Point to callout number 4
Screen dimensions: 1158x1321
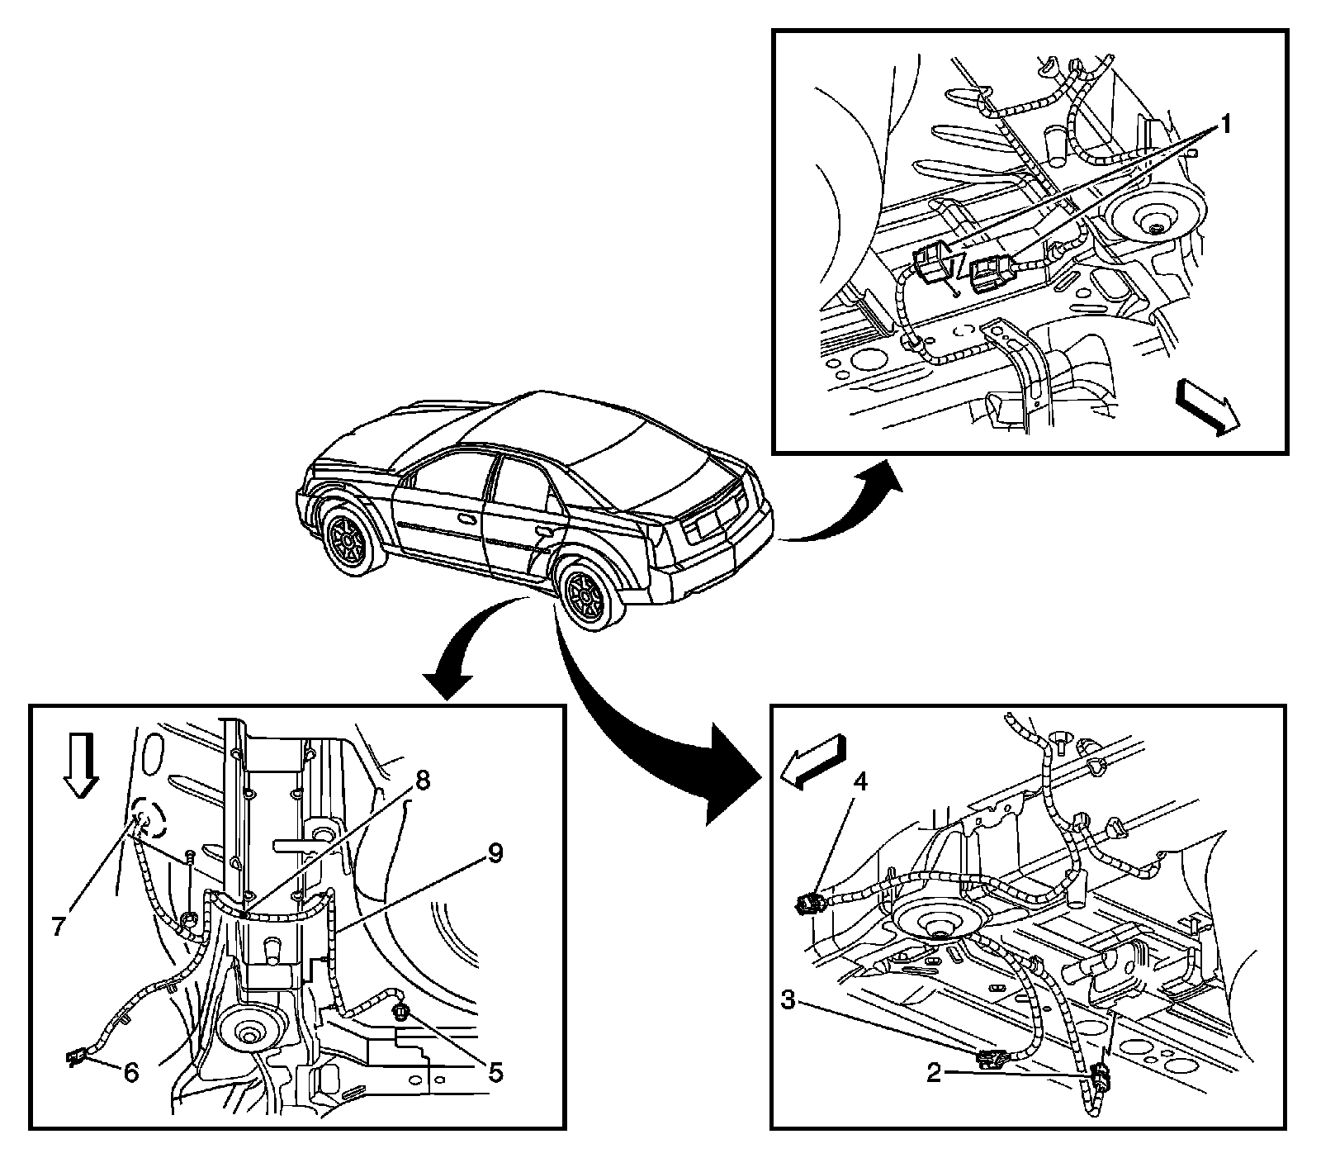point(860,781)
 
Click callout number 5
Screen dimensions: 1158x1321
point(495,1073)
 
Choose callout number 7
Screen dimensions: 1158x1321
point(58,927)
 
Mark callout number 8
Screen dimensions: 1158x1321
point(421,781)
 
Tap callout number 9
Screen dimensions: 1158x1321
point(495,853)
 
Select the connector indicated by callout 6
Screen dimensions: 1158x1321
point(76,1057)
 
